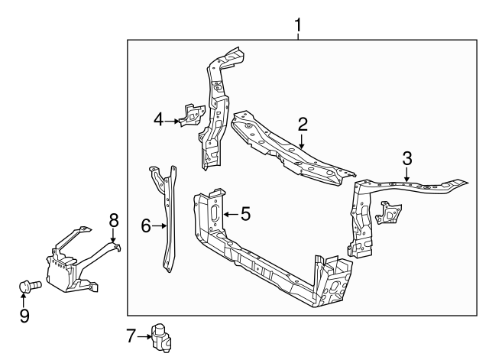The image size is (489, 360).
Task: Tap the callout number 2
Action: [303, 124]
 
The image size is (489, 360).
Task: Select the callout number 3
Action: [407, 159]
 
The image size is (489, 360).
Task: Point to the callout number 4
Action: [158, 118]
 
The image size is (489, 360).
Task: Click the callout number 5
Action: [245, 214]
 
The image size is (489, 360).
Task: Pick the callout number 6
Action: [146, 225]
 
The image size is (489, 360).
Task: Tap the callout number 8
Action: [114, 220]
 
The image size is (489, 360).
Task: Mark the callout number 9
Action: [24, 315]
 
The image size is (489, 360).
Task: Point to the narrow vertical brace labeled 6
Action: [167, 222]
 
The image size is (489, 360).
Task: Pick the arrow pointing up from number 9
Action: [24, 301]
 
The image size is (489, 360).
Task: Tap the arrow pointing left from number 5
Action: [228, 215]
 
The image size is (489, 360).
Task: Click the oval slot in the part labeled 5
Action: [215, 213]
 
